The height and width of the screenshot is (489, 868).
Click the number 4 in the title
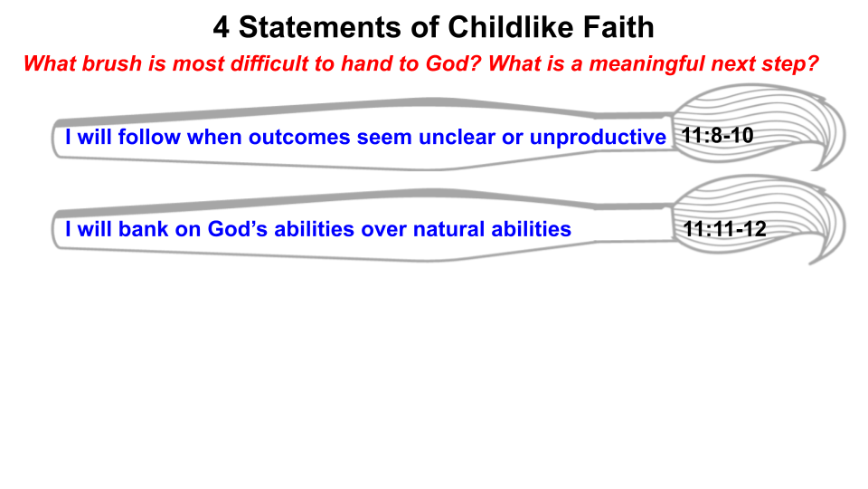click(222, 27)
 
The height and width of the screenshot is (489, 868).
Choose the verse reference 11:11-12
click(725, 230)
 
